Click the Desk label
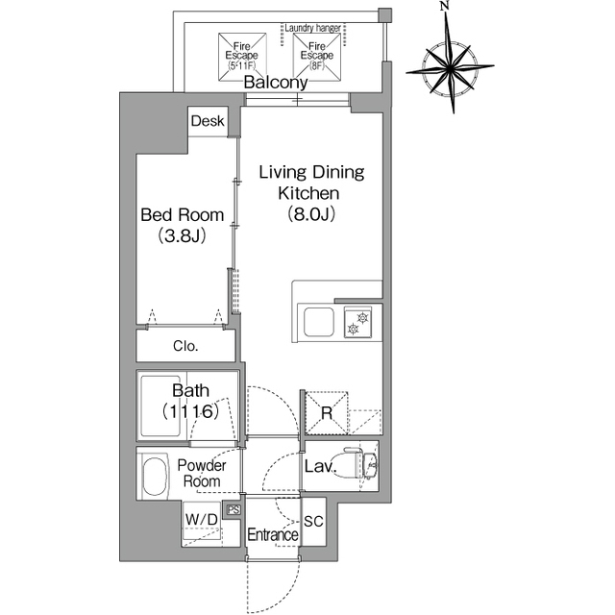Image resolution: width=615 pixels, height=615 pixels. pos(208,121)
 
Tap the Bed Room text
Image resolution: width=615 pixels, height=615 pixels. pos(183,215)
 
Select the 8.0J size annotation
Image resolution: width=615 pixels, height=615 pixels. pos(311,214)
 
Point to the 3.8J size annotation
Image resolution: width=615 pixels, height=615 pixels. pos(182,236)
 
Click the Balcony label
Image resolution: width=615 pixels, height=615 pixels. pos(276,83)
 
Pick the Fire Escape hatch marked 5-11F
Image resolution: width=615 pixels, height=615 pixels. pos(242,58)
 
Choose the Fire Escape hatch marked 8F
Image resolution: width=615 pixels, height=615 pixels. pos(316,56)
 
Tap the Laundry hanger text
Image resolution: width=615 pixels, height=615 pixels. pos(312,28)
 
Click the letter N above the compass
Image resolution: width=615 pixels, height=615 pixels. pos(444,6)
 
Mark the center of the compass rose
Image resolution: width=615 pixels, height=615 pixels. pos(451,69)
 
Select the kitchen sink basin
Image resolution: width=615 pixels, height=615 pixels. pos(319,322)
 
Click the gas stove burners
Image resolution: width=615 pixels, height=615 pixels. pos(357,322)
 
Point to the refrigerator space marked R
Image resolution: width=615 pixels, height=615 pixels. pos(327,412)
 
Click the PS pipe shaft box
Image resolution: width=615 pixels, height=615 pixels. pos(234,510)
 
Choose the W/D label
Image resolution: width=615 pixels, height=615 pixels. pos(202,520)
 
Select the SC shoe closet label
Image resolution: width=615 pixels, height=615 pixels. pos(313,521)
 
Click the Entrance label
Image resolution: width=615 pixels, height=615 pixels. pos(273,534)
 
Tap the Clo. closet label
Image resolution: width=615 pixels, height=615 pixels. pos(185,346)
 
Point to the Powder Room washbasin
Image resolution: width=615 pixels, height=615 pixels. pos(153,477)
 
